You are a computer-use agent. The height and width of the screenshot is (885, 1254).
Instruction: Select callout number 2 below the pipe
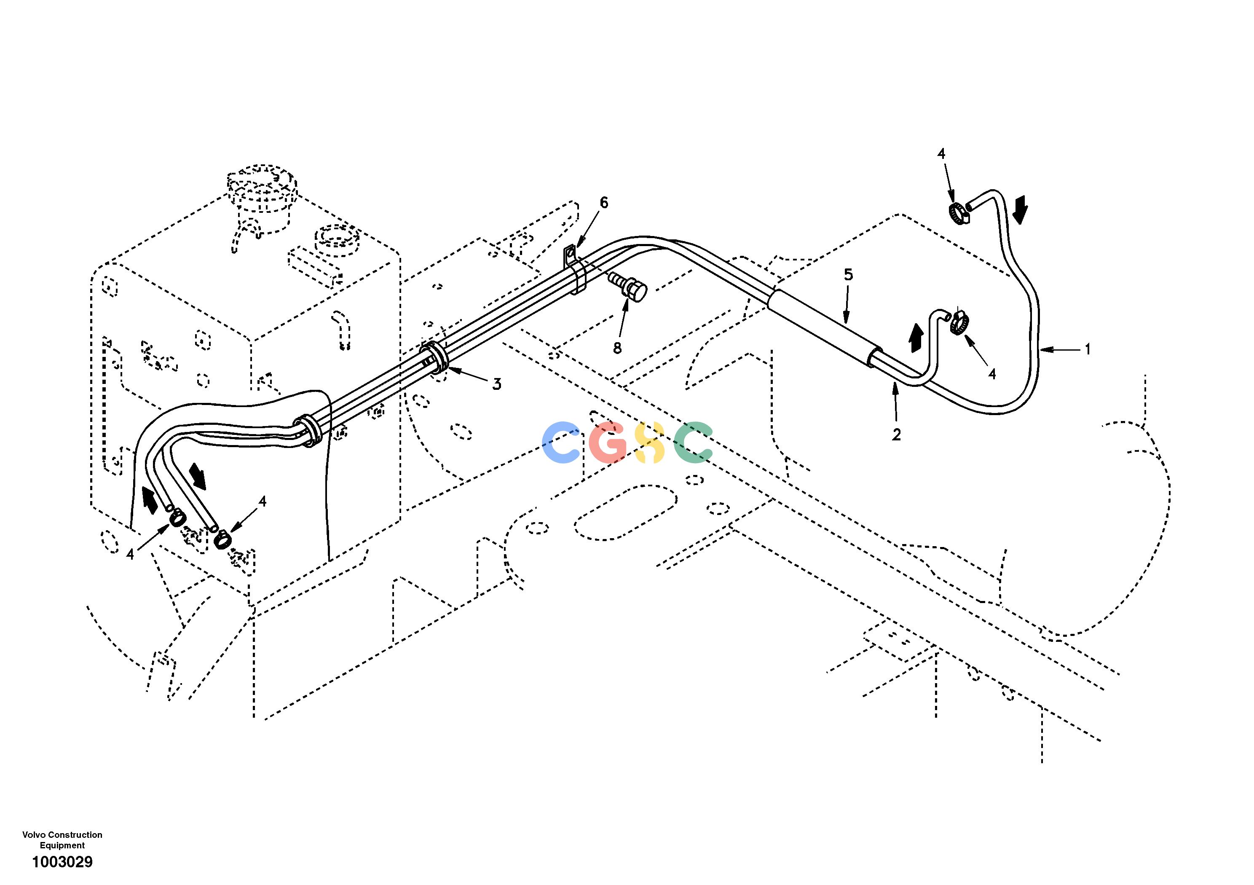[x=896, y=434]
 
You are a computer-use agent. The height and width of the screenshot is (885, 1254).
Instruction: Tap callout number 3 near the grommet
[x=496, y=384]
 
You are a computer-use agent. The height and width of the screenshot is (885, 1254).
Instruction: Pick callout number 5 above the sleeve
[x=848, y=275]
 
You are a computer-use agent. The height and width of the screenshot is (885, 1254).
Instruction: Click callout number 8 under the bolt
[x=617, y=348]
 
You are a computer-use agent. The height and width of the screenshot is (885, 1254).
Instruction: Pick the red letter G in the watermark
[x=608, y=442]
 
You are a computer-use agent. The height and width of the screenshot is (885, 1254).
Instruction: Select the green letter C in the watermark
[x=693, y=442]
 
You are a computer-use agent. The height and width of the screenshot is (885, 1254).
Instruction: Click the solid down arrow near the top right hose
[x=1020, y=211]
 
